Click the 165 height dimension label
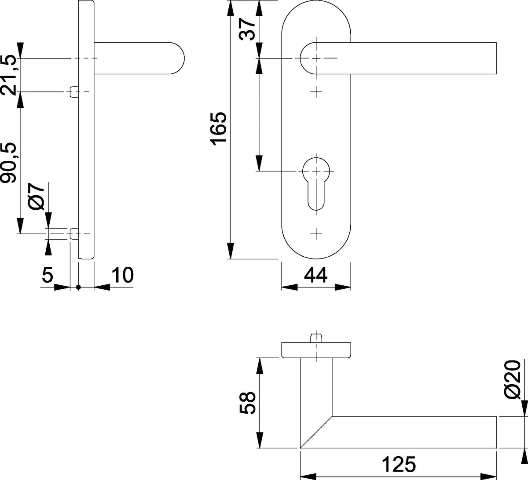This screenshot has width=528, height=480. [219, 129]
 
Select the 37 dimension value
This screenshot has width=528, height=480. [247, 29]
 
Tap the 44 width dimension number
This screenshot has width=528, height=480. [315, 275]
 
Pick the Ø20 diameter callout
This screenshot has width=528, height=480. [513, 379]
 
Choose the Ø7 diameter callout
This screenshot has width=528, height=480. [36, 197]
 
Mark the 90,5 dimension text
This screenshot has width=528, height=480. [8, 163]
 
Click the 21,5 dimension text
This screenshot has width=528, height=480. [8, 75]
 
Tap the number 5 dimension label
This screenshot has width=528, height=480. [48, 275]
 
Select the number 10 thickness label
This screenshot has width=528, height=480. [122, 275]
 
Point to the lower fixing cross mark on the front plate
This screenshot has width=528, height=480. [316, 233]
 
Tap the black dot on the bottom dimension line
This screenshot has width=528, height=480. [78, 287]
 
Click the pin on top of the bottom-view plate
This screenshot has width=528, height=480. [316, 338]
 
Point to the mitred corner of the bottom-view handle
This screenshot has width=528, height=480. [316, 432]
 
